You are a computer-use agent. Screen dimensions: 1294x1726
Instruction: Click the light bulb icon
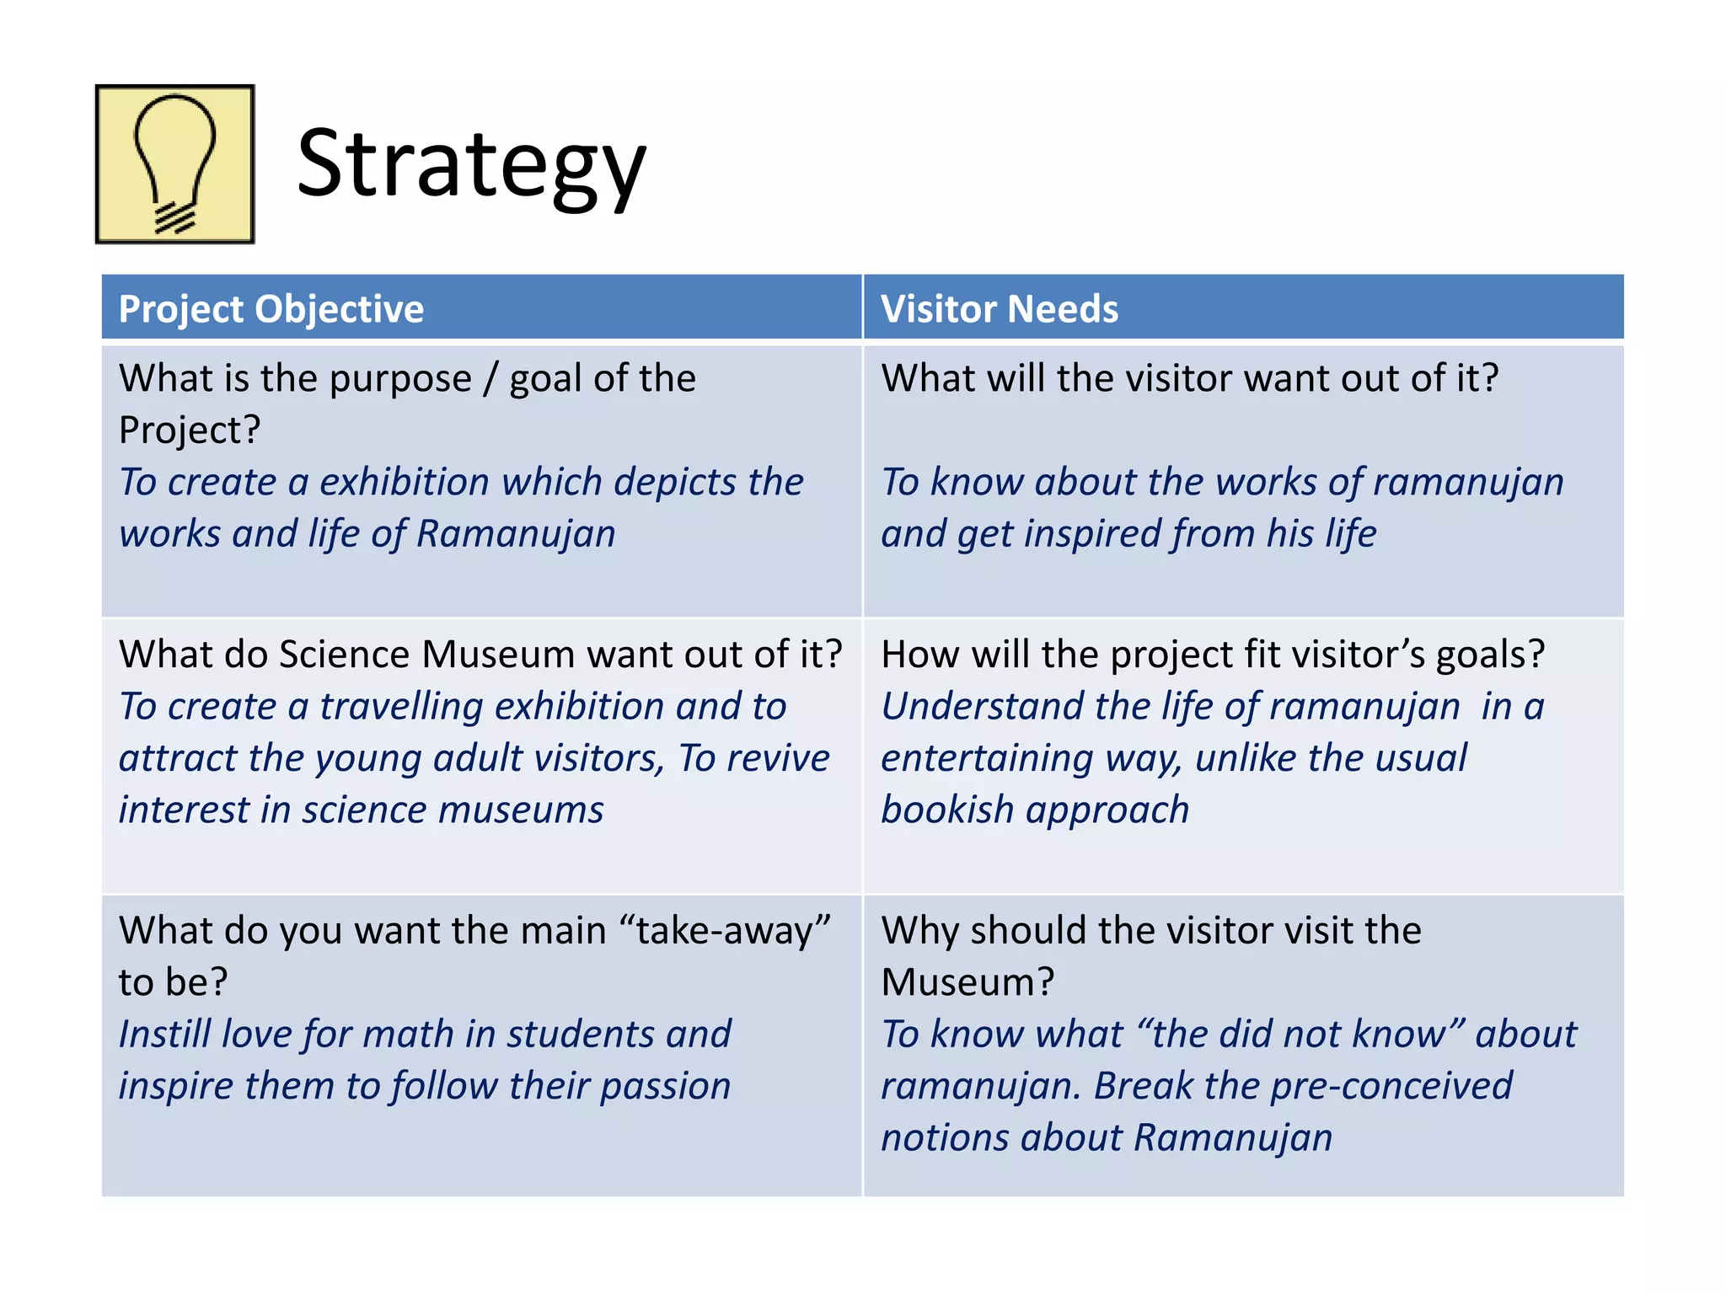pos(174,164)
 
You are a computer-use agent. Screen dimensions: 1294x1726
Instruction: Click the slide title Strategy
pos(471,164)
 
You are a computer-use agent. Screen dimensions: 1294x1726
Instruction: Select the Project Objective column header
pos(271,309)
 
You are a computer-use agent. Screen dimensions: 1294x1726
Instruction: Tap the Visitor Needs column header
pos(1000,309)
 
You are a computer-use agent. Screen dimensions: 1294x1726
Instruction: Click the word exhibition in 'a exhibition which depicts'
pos(405,483)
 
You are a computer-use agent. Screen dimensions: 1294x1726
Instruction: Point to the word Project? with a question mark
pos(190,430)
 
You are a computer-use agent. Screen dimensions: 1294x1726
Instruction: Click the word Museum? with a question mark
pos(968,982)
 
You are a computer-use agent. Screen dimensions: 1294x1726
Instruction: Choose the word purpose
pos(400,379)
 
